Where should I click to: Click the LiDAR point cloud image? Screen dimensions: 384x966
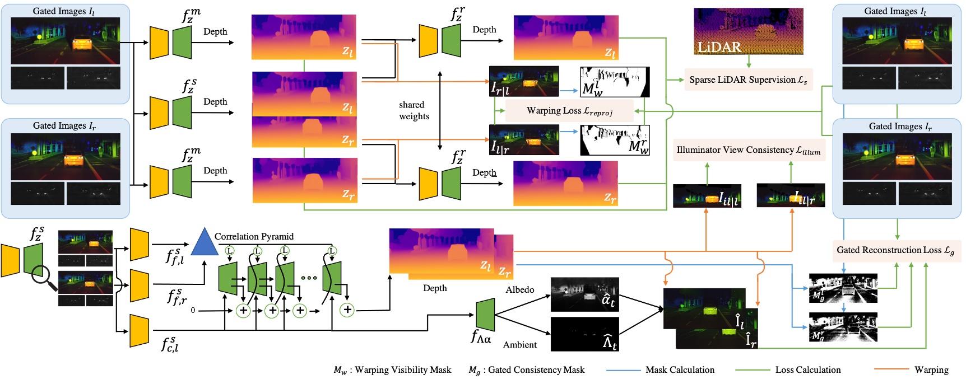(x=748, y=31)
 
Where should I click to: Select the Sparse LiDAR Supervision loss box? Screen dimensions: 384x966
(x=748, y=80)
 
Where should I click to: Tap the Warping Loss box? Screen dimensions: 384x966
(x=569, y=111)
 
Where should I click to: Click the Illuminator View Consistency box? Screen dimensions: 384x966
(x=748, y=150)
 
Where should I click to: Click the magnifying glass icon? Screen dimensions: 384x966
(x=44, y=278)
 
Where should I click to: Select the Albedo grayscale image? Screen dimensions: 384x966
(x=584, y=294)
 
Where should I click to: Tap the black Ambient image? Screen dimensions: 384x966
(x=584, y=334)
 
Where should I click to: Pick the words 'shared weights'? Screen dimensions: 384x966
(x=414, y=111)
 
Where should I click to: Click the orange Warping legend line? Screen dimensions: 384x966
(x=891, y=369)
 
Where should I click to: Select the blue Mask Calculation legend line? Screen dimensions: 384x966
(x=623, y=370)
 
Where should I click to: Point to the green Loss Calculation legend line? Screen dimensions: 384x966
(x=752, y=370)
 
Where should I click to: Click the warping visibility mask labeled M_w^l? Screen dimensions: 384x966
(x=615, y=82)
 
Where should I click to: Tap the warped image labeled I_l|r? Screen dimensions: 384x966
(x=524, y=140)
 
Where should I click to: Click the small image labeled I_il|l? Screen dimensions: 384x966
(x=707, y=196)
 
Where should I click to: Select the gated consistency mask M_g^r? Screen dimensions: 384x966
(x=843, y=327)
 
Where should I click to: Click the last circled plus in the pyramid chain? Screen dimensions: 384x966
(x=347, y=310)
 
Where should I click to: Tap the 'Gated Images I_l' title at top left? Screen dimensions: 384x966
(x=63, y=11)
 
